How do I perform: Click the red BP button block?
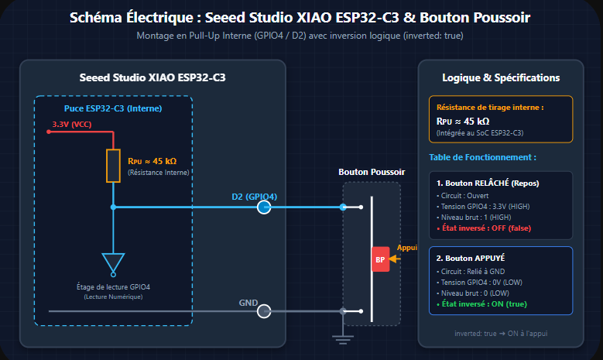380,259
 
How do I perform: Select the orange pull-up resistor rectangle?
113,166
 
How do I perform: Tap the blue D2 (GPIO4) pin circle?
264,207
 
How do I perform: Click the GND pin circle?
264,311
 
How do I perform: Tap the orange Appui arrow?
395,259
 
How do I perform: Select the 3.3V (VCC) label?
72,124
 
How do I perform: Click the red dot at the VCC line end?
49,132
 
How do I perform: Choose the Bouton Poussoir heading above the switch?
372,172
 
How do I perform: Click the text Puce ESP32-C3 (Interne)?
113,108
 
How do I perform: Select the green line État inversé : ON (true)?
481,303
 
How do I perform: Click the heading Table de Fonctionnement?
482,157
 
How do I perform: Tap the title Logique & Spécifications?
501,77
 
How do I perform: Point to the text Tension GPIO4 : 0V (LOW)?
481,283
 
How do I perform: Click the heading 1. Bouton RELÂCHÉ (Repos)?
488,183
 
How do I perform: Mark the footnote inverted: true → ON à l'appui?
501,334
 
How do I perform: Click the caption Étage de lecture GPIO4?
113,287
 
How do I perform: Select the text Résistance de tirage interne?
488,108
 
